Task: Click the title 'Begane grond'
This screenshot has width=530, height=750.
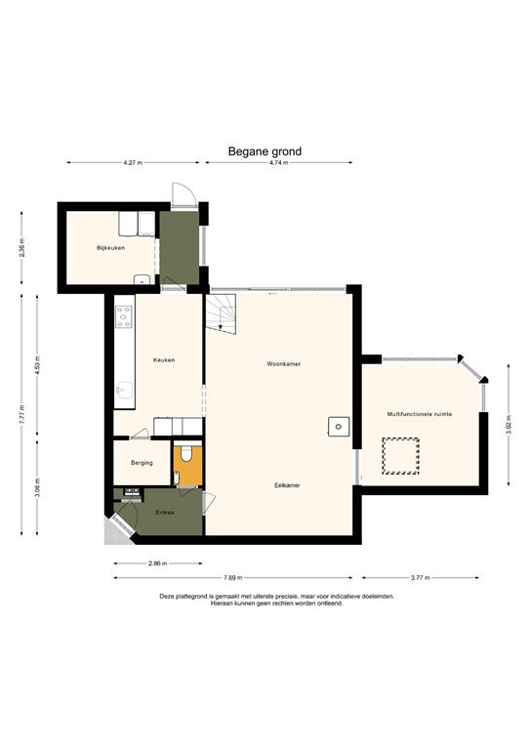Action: point(265,151)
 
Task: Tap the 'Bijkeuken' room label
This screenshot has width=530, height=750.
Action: point(111,248)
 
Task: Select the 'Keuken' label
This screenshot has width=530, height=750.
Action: point(164,360)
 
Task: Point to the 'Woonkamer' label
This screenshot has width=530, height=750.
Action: point(283,363)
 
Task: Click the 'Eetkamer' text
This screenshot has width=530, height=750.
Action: point(286,484)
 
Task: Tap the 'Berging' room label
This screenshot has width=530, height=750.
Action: point(142,462)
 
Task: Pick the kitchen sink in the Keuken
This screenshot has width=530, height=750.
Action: point(123,393)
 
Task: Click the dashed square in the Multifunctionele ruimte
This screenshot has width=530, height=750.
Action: point(400,455)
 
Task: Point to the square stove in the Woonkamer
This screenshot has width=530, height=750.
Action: point(338,425)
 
